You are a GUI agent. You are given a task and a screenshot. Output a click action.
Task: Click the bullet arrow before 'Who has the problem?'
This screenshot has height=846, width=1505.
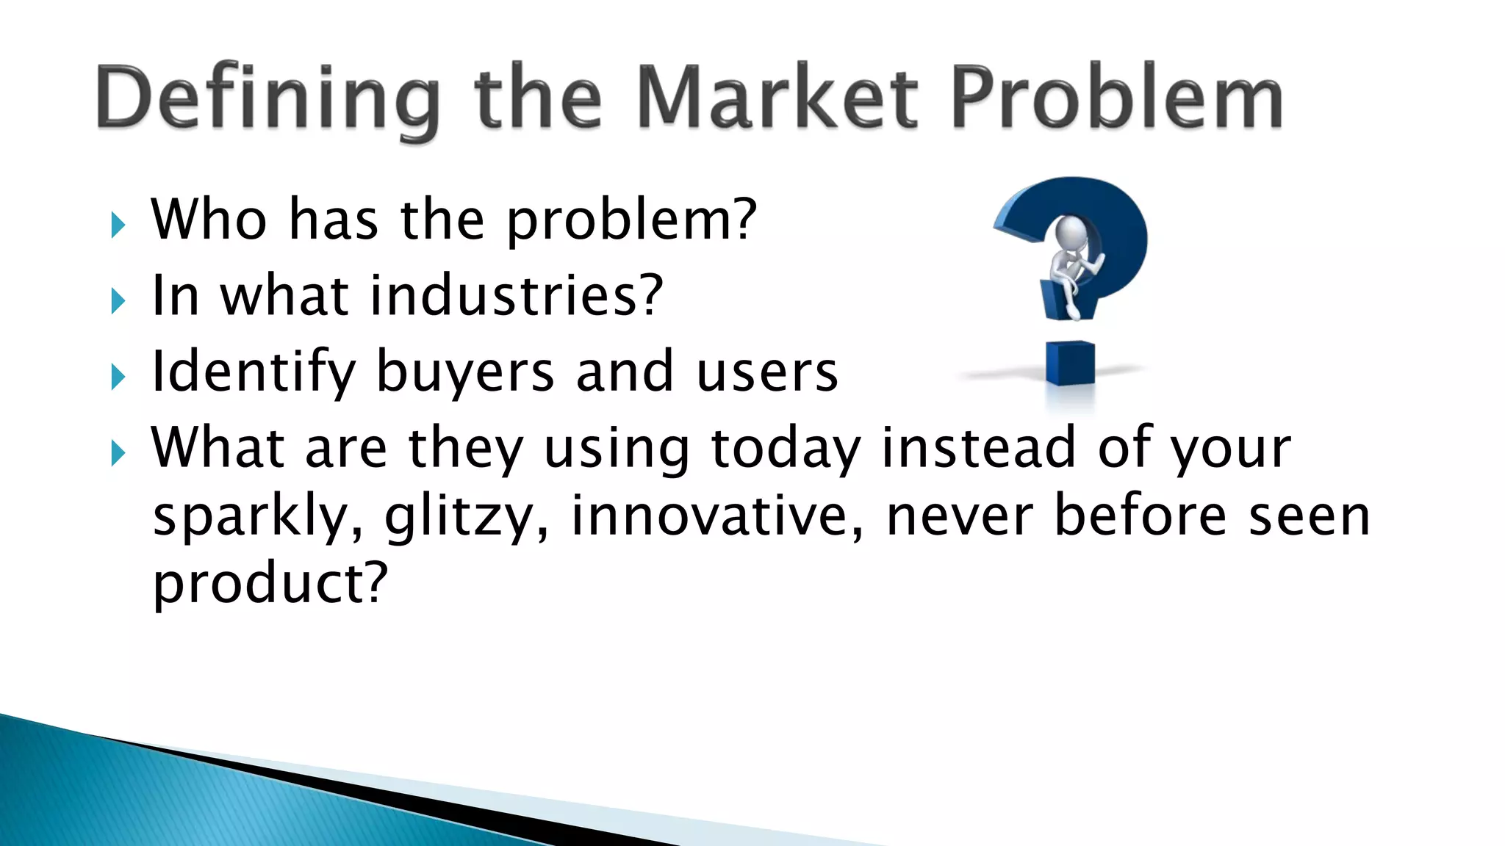click(118, 225)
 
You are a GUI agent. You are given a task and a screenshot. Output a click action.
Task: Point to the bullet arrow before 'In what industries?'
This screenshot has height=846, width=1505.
click(118, 301)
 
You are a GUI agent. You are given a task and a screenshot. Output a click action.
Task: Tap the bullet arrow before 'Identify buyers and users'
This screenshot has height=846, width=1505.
click(118, 377)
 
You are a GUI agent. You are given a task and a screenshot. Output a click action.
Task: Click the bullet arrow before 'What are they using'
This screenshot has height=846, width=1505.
click(118, 453)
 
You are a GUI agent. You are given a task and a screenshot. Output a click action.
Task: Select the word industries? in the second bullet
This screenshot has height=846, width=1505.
click(517, 295)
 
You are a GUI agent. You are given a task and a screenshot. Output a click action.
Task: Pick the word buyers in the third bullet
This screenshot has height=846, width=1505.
click(465, 372)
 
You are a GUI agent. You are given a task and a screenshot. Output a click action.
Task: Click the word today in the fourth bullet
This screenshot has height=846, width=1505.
click(786, 448)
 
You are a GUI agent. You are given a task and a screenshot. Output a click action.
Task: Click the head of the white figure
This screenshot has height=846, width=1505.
click(1071, 234)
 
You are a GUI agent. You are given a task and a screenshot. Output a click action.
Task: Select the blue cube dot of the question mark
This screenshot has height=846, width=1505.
click(1070, 364)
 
